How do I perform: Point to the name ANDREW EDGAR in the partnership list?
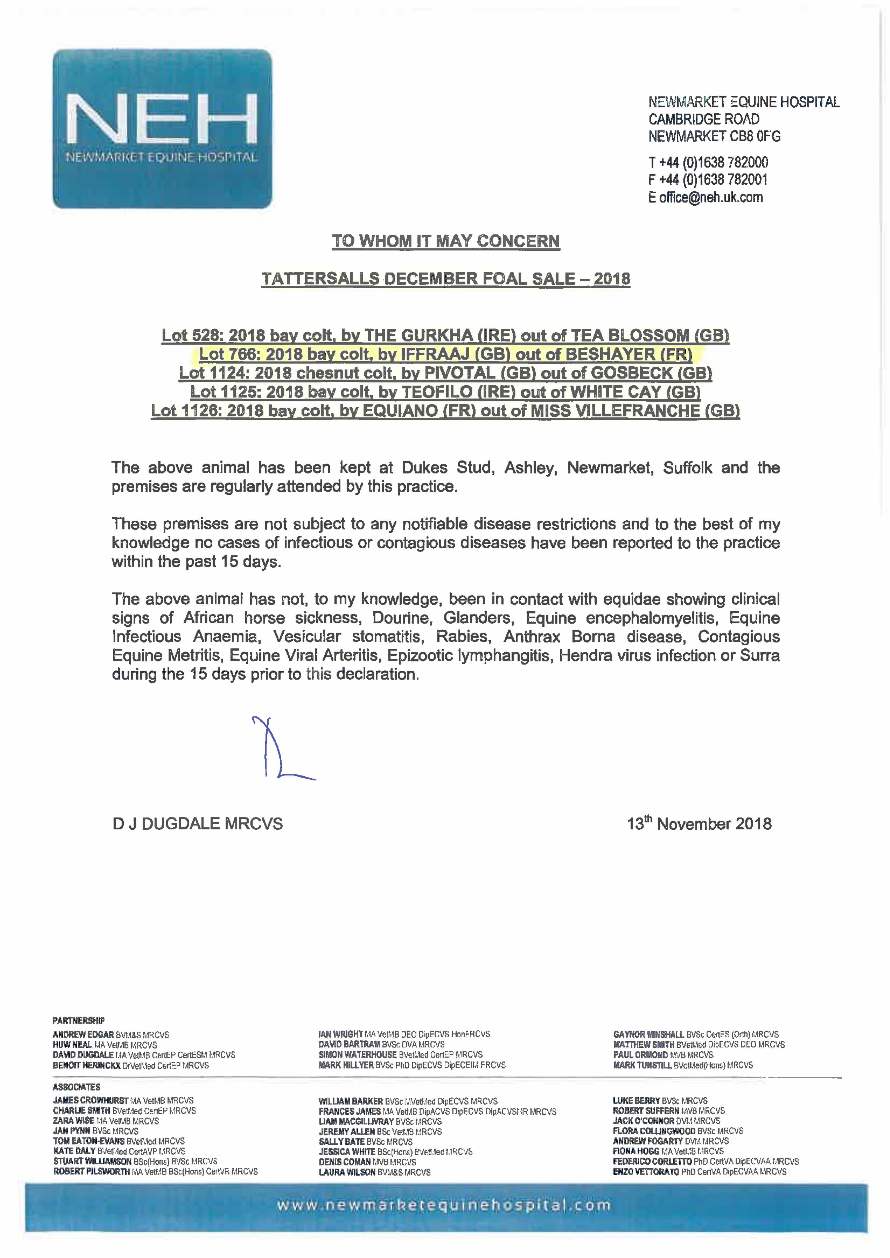83,1035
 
